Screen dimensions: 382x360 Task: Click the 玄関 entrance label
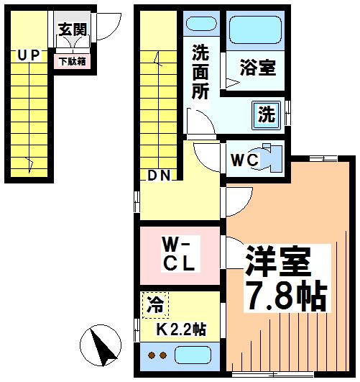[x=73, y=30]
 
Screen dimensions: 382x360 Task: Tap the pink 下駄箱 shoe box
[x=73, y=62]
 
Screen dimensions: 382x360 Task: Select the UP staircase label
[x=29, y=55]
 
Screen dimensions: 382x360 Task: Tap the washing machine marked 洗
[x=266, y=113]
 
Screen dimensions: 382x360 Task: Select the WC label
[x=243, y=160]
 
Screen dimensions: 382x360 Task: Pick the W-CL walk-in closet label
[x=179, y=253]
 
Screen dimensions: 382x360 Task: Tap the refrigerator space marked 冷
[x=156, y=304]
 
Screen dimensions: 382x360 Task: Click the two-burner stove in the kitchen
[x=157, y=356]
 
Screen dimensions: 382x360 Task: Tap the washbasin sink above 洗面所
[x=200, y=22]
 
